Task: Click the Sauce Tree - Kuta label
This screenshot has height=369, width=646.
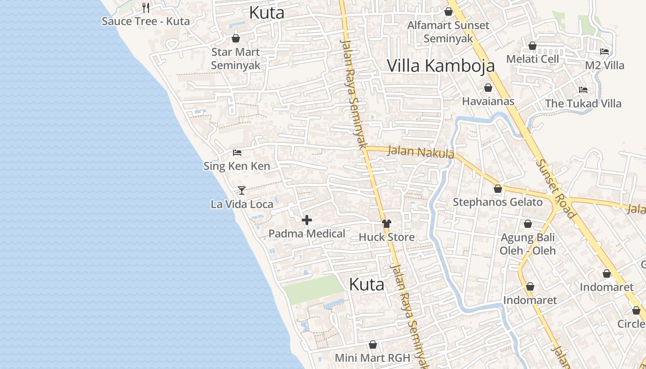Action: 145,21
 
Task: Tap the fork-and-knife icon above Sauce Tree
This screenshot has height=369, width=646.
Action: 146,7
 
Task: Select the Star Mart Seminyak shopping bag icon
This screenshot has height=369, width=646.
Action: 236,38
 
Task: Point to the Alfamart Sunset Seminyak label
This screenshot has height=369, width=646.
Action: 448,32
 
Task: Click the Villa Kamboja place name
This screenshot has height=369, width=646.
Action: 441,65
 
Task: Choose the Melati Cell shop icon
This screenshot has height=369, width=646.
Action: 532,46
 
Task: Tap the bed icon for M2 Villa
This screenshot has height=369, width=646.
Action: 604,52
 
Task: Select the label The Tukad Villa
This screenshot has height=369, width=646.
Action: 583,103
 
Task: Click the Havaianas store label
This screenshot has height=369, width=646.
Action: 488,101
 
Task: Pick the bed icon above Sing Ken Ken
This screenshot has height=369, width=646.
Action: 237,153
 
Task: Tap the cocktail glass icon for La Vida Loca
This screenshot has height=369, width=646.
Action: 242,190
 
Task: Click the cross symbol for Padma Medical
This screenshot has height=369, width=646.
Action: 307,220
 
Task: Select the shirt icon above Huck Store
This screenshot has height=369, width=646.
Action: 387,224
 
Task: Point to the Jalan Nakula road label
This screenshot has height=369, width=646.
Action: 421,152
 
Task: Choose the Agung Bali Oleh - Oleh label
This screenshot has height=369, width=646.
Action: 528,244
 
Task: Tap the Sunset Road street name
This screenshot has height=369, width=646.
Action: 556,189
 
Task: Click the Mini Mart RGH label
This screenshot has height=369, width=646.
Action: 372,357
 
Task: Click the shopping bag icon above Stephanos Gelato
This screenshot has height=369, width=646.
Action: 497,189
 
